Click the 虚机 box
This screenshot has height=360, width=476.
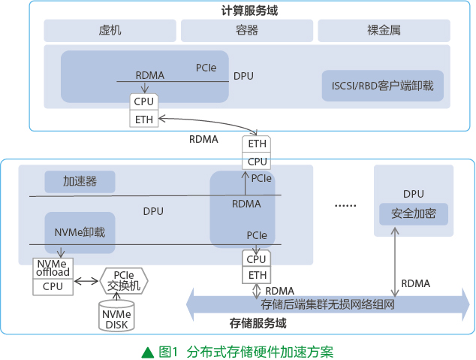pyautogui.click(x=110, y=31)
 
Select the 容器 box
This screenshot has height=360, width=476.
pyautogui.click(x=247, y=31)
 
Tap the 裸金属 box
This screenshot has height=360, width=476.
pyautogui.click(x=384, y=31)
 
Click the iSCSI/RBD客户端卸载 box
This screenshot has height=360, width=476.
pyautogui.click(x=382, y=86)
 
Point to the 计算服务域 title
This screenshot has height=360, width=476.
pyautogui.click(x=249, y=11)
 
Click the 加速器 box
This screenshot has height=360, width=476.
pyautogui.click(x=80, y=182)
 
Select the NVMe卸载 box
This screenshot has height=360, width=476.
pyautogui.click(x=80, y=233)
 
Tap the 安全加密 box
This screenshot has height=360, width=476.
pyautogui.click(x=414, y=214)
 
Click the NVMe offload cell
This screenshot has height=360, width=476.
pyautogui.click(x=53, y=268)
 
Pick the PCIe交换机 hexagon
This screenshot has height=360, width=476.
pyautogui.click(x=124, y=280)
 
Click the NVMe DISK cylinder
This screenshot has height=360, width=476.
pyautogui.click(x=116, y=316)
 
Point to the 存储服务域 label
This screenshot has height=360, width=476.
pyautogui.click(x=258, y=323)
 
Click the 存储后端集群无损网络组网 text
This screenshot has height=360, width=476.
pyautogui.click(x=327, y=304)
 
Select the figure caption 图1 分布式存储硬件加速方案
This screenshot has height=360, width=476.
pyautogui.click(x=246, y=352)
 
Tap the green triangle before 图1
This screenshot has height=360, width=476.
pyautogui.click(x=148, y=352)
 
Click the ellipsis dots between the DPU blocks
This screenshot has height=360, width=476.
pyautogui.click(x=345, y=206)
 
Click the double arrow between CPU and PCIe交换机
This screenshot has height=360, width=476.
pyautogui.click(x=86, y=281)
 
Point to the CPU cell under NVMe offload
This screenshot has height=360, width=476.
pyautogui.click(x=53, y=287)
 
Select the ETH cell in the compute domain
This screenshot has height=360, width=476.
pyautogui.click(x=144, y=119)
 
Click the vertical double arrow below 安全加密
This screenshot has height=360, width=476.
pyautogui.click(x=395, y=262)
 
